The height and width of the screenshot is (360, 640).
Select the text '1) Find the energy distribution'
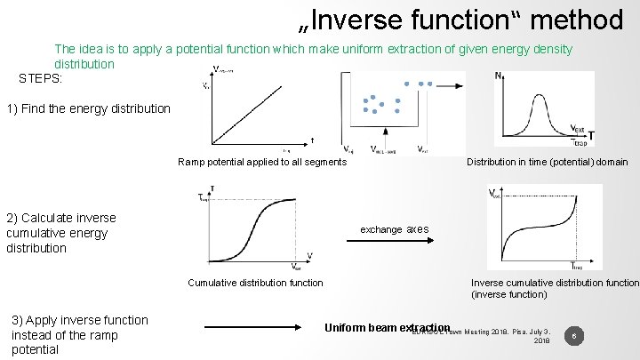click(88, 109)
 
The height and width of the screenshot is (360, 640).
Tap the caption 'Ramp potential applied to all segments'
click(262, 162)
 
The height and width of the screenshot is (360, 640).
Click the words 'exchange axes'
click(394, 229)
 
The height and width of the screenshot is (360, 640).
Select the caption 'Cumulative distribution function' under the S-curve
click(256, 283)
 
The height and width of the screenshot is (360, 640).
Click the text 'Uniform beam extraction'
click(388, 326)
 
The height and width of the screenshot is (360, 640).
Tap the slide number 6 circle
click(576, 336)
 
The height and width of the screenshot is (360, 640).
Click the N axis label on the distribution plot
click(498, 77)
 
